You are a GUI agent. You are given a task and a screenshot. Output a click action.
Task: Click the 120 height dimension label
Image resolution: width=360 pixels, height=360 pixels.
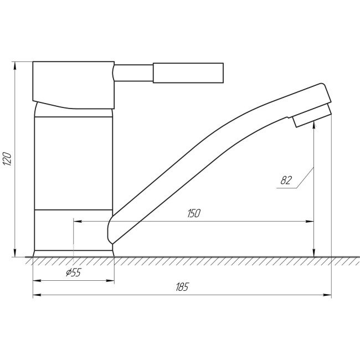[x=7, y=160]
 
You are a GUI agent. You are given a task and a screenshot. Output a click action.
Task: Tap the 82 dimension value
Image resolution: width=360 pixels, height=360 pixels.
[x=286, y=180]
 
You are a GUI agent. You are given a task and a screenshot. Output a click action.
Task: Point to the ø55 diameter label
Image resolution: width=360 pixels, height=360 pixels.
[x=73, y=272]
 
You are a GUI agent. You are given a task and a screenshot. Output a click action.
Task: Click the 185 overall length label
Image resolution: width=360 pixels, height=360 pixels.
[x=182, y=287]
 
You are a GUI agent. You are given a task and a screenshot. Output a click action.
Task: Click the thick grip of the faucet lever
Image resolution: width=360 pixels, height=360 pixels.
[x=188, y=73]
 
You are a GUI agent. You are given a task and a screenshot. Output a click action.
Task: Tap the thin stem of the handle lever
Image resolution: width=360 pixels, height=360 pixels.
[x=133, y=73]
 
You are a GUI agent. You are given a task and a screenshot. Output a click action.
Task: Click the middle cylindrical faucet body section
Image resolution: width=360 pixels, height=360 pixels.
[x=74, y=163]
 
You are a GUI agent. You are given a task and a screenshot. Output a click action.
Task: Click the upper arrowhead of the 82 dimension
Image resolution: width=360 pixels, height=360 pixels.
[x=314, y=125]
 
